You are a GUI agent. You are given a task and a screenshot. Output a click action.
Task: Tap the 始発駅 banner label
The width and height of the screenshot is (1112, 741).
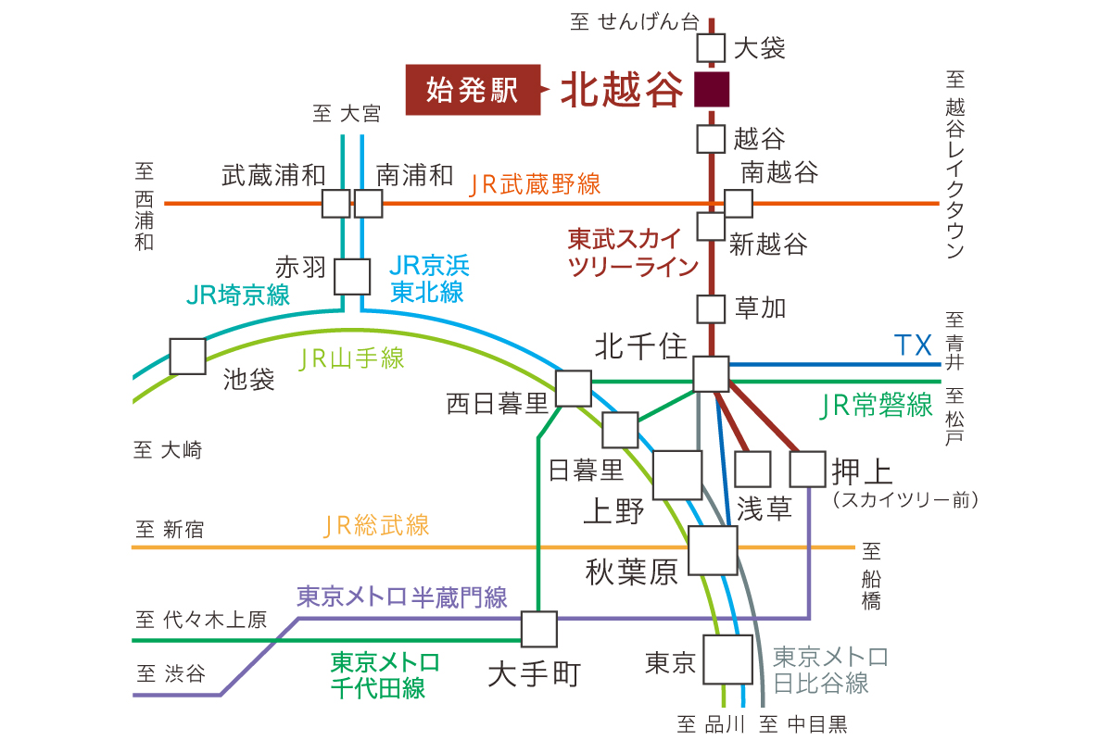[x=473, y=90]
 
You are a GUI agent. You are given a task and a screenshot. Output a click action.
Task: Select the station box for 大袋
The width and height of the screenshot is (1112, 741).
[x=711, y=47]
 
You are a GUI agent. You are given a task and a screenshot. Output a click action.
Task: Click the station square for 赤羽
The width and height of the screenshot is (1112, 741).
[x=351, y=276]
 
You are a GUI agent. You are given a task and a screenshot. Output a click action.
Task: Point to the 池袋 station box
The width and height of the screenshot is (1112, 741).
[x=187, y=357]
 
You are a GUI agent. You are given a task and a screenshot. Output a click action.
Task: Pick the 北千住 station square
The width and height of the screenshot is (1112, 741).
[x=711, y=373]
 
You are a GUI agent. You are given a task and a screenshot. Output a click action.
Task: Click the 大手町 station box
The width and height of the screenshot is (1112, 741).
[x=538, y=629]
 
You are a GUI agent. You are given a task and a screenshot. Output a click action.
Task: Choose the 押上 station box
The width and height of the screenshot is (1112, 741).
[x=807, y=469]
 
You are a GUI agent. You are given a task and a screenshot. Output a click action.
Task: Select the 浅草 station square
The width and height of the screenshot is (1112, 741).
[x=752, y=469]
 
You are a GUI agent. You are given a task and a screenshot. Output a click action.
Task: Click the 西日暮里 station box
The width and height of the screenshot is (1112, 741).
[x=574, y=389]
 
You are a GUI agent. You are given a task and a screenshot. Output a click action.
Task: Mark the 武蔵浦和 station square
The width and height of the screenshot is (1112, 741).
[x=335, y=203]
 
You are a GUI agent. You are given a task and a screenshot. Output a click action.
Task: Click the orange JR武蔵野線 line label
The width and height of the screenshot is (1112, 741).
[x=535, y=184]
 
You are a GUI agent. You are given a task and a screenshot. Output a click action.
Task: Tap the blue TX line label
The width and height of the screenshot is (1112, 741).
[x=914, y=346]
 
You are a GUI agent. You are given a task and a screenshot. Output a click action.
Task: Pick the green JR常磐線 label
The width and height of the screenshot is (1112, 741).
[x=877, y=406]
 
